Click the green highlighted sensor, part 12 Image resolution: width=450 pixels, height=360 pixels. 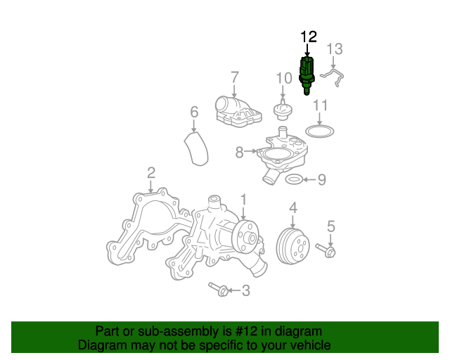(x=307, y=76)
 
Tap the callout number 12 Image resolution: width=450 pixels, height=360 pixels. (x=309, y=37)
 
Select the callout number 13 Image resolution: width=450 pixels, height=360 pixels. (x=335, y=49)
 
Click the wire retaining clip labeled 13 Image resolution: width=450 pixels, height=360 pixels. (x=333, y=77)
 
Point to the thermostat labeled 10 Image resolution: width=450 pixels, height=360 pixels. (x=283, y=110)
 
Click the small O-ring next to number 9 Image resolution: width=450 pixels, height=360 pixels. (x=294, y=180)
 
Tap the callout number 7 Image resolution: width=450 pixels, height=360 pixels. (x=235, y=77)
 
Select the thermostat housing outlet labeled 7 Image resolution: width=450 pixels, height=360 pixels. (x=238, y=112)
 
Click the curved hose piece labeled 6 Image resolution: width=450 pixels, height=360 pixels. (x=196, y=148)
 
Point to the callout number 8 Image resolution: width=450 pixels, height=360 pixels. (x=239, y=152)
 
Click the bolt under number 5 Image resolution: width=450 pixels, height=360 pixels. (x=326, y=250)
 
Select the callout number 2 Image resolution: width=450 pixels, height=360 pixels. (x=151, y=173)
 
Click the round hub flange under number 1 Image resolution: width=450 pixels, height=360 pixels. (x=246, y=237)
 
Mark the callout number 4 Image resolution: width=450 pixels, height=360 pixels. (x=293, y=207)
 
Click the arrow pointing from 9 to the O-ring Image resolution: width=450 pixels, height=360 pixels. (x=309, y=180)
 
